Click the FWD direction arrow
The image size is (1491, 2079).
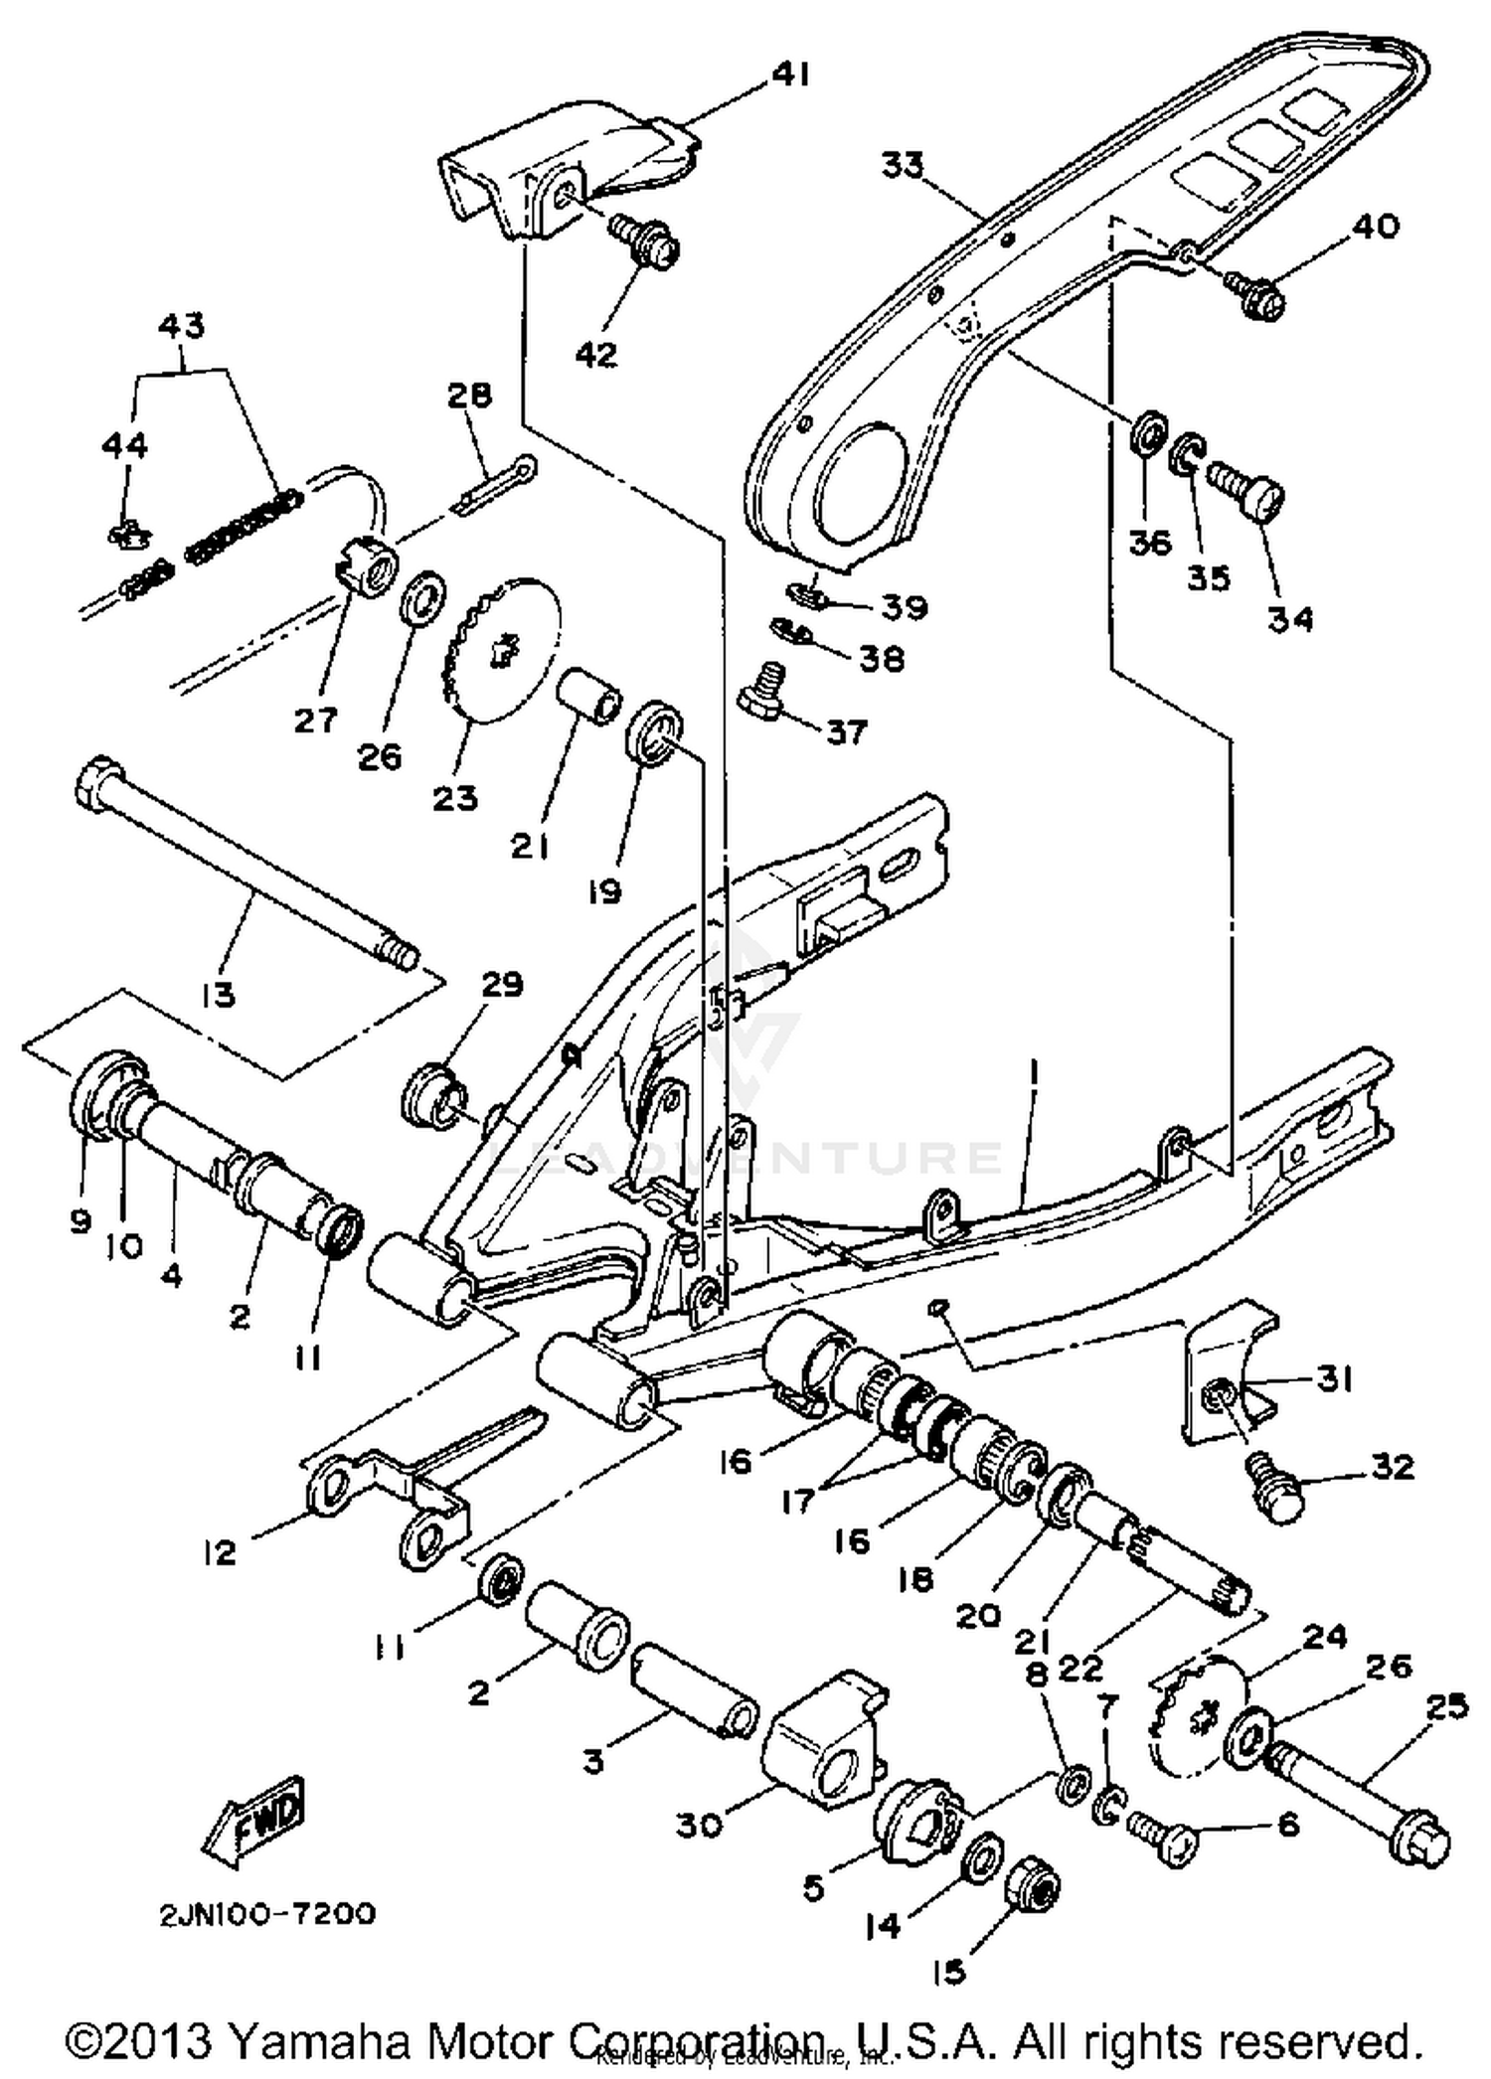[253, 1818]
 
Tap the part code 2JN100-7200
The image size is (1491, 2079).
[267, 1914]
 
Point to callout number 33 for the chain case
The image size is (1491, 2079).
[903, 165]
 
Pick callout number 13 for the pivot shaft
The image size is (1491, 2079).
[218, 993]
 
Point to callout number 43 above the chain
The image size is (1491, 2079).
[182, 325]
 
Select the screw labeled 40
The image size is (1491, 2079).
[1257, 292]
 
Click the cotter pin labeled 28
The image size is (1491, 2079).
[494, 484]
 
